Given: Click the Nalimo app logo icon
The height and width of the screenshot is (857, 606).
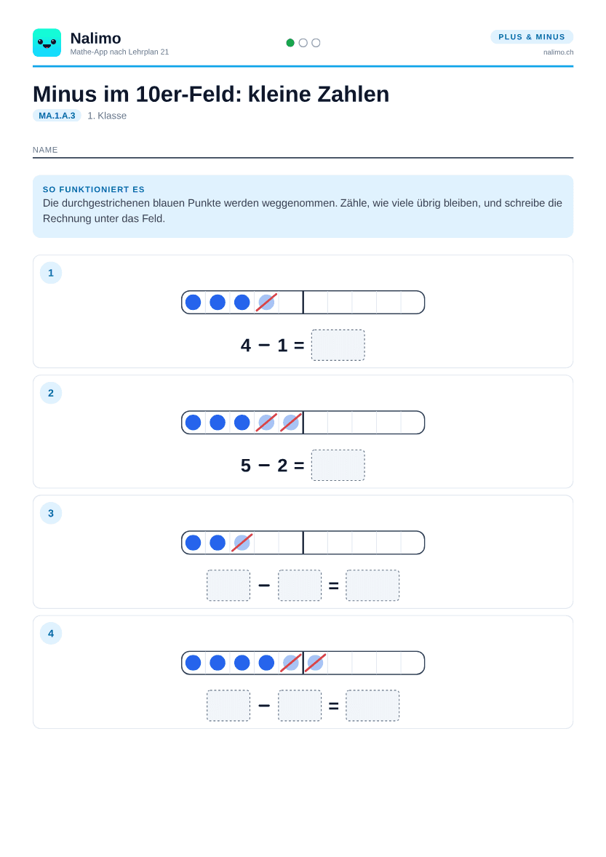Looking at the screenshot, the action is click(47, 43).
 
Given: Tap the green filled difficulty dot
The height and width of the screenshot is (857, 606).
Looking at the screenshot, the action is click(290, 43).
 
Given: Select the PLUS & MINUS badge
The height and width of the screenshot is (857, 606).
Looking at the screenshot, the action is click(532, 36).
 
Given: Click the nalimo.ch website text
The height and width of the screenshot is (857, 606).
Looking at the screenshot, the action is click(558, 52).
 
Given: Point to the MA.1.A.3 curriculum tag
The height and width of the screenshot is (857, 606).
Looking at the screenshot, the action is click(57, 116).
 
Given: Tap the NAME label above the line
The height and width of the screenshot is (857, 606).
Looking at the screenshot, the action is click(45, 150).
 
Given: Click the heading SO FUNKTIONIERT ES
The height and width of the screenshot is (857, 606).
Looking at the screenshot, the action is click(93, 190).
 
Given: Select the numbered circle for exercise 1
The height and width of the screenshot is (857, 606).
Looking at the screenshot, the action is click(51, 273).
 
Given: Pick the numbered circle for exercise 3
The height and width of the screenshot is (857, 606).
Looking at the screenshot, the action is click(51, 513).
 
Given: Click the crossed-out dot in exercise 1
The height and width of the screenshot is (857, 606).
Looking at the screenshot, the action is click(266, 302).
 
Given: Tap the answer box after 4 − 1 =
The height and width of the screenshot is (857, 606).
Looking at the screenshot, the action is click(338, 345).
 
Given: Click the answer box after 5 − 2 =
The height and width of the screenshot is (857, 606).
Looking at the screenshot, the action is click(338, 465).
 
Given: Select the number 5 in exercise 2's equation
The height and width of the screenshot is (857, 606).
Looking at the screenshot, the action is click(246, 466).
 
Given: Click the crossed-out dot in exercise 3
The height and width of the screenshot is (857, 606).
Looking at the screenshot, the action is click(242, 543).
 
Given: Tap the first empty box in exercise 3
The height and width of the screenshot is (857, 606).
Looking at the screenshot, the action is click(228, 586).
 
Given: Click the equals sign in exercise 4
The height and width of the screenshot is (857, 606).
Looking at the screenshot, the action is click(333, 706).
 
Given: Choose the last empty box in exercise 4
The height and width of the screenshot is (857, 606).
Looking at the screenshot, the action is click(372, 706).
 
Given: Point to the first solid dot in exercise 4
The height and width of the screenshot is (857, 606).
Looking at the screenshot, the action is click(193, 663).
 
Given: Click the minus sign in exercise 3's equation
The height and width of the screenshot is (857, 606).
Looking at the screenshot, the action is click(264, 586).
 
